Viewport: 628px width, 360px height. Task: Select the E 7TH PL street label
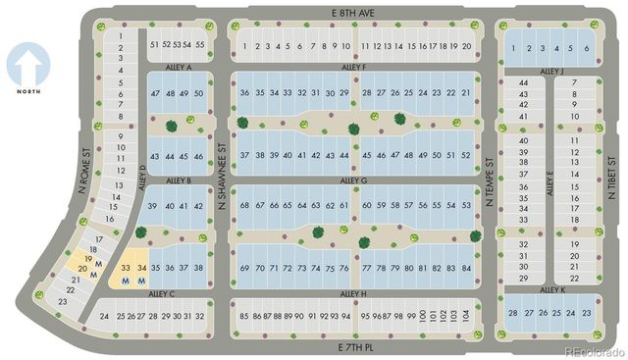355,346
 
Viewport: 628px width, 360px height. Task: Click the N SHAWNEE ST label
223,187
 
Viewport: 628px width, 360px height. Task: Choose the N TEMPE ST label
491,176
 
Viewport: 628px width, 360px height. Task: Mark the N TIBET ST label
610,177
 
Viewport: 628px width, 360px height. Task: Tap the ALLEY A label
182,68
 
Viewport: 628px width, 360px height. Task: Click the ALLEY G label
353,180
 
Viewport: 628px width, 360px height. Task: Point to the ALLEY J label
551,71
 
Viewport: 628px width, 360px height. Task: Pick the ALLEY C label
162,292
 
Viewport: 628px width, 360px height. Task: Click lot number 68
243,205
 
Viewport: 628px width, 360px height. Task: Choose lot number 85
243,316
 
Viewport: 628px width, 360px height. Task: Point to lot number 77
366,268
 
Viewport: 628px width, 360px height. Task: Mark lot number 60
366,205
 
